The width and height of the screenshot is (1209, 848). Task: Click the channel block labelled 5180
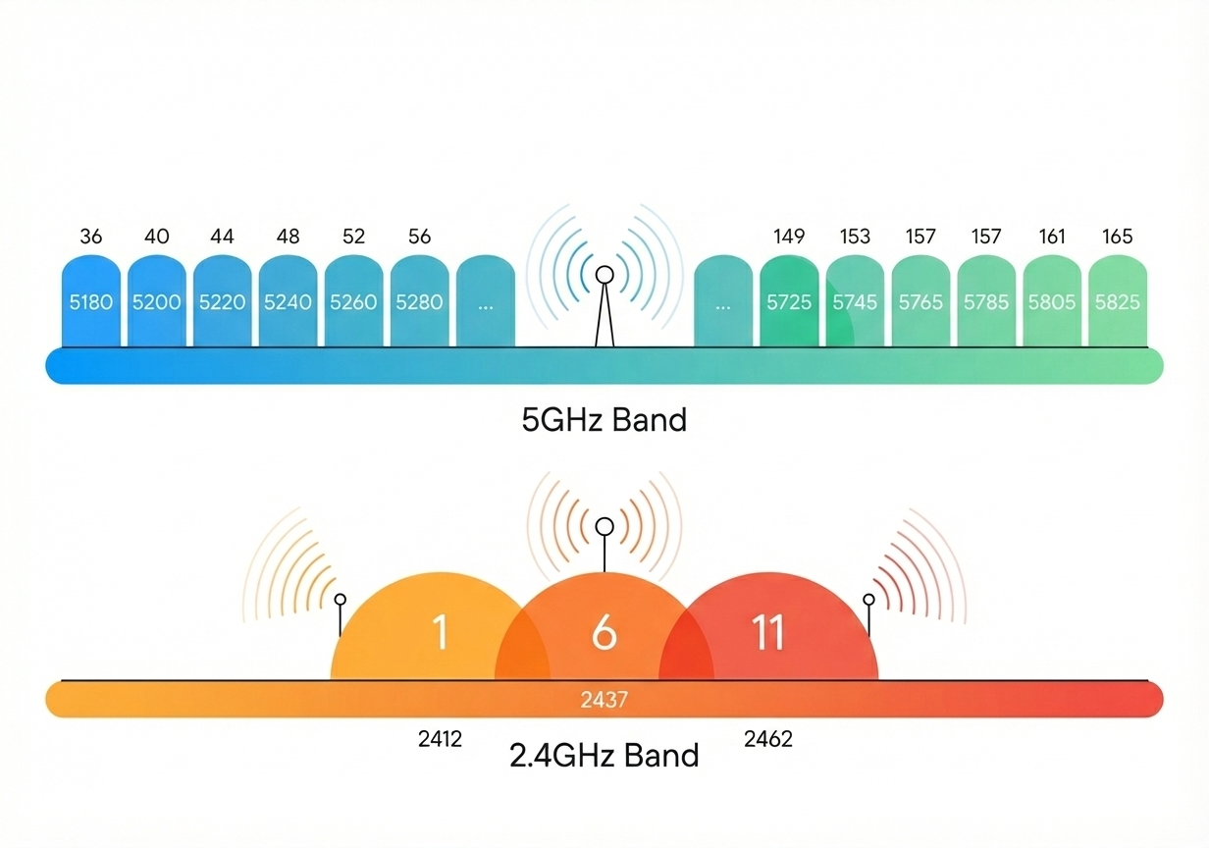coord(91,301)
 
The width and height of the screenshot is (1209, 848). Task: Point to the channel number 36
coord(91,237)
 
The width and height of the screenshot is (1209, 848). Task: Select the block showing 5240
coord(288,301)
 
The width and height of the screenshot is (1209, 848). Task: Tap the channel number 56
coord(419,237)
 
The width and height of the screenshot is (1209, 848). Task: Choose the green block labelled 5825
coord(1118,301)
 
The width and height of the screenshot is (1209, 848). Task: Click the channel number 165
coord(1118,237)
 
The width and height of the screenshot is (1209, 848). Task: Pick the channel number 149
coord(789,237)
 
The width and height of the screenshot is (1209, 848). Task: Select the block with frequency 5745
coord(855,301)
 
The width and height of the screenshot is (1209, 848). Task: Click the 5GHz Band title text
coord(604,420)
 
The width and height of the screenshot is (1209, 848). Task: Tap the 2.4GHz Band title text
coord(604,756)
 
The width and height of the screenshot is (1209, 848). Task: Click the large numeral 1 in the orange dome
coord(440,632)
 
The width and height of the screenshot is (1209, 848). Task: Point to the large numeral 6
coord(604,632)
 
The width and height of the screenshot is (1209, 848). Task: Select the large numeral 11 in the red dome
coord(767,632)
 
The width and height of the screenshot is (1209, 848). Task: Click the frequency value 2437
coord(604,700)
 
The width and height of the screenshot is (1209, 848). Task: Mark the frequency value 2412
coord(440,739)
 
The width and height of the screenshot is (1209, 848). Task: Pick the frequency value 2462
coord(767,739)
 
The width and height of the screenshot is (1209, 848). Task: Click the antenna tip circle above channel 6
coord(604,526)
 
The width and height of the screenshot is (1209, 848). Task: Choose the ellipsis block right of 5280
coord(486,301)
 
